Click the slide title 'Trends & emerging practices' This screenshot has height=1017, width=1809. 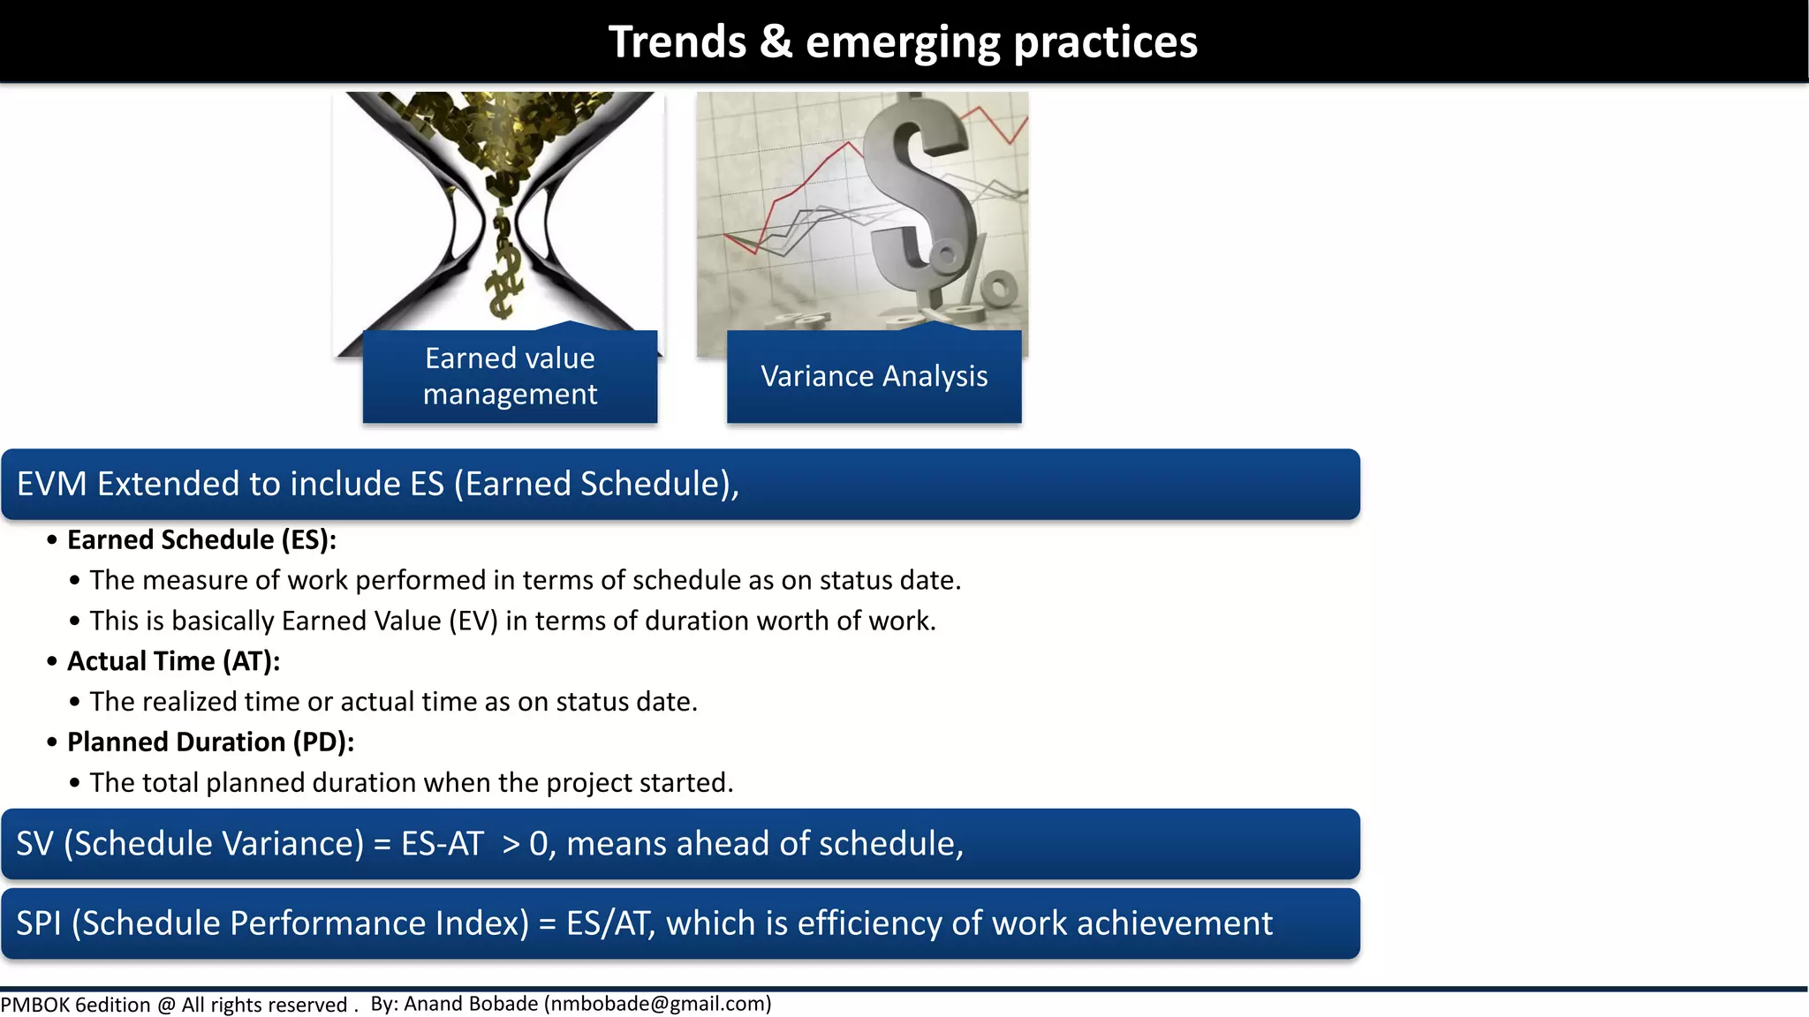click(x=903, y=42)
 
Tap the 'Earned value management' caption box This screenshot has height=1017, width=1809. click(x=510, y=376)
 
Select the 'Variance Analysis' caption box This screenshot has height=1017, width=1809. click(x=874, y=376)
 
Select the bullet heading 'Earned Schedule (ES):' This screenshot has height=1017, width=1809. click(x=201, y=539)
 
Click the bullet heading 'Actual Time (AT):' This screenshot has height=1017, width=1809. click(x=173, y=661)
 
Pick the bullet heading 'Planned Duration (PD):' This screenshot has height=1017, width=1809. click(x=210, y=742)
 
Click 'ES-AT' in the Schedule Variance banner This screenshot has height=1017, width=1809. click(x=442, y=844)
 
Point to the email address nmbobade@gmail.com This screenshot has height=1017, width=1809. click(x=657, y=1004)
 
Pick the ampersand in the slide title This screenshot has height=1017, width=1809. click(x=776, y=42)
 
